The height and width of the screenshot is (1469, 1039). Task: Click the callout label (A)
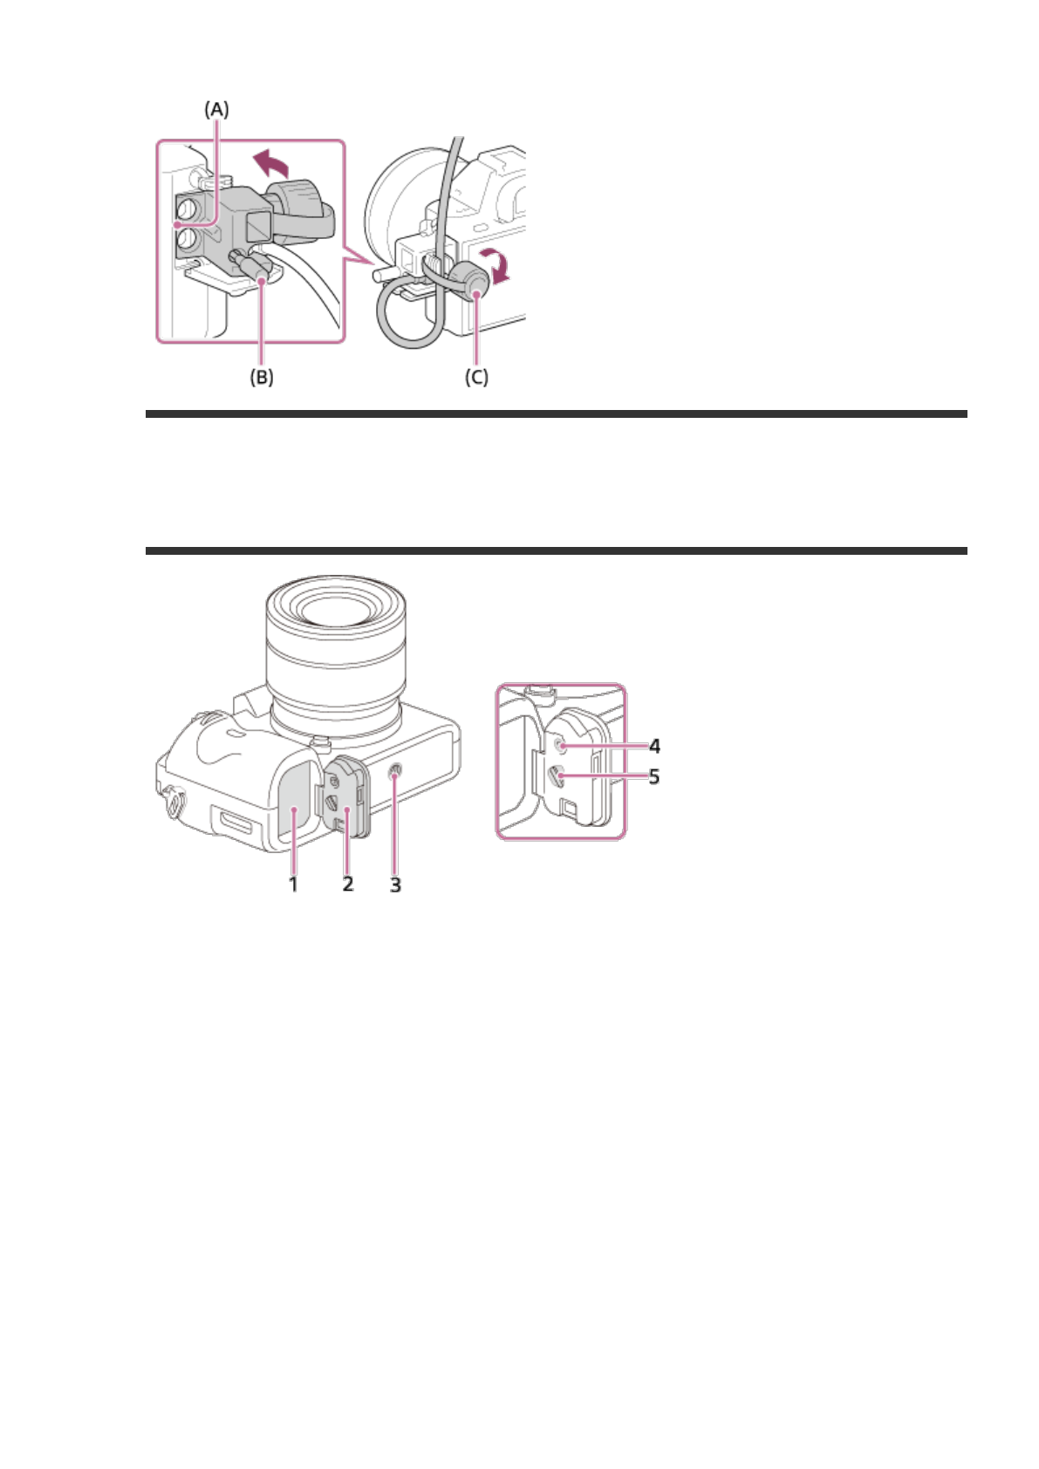point(216,109)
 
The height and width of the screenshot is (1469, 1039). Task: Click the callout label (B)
point(262,377)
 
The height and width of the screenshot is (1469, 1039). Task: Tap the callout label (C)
point(476,377)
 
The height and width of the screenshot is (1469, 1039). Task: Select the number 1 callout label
point(294,884)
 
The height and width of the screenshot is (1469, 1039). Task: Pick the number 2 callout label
point(348,884)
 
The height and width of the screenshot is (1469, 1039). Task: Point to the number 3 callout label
point(395,885)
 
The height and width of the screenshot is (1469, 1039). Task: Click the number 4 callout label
point(654,746)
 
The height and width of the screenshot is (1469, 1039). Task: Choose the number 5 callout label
point(654,776)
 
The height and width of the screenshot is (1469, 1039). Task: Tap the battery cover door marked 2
point(347,803)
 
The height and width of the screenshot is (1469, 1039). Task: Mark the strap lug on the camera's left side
point(174,803)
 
